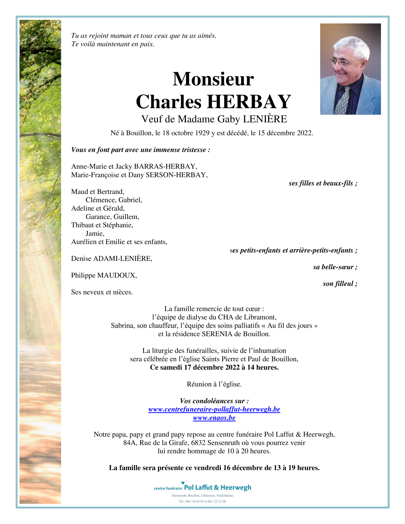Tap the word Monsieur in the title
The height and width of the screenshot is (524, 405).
coord(213,79)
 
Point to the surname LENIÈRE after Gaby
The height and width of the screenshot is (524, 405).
coord(265,119)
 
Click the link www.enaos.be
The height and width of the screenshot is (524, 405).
coord(214,418)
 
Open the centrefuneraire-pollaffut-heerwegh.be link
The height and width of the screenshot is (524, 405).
coord(214,409)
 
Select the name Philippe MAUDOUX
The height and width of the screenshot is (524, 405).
coord(104,275)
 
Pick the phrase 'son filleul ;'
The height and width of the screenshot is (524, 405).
coord(340,284)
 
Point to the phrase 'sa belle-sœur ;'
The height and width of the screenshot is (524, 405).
coord(335,267)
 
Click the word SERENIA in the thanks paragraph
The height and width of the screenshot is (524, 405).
coord(217,334)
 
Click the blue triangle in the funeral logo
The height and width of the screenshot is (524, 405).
coord(183,483)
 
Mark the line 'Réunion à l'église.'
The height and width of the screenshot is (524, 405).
coord(214,384)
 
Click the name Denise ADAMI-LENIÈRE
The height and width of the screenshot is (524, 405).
coord(112,259)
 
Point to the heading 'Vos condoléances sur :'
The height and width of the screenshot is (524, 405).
coord(214,401)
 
